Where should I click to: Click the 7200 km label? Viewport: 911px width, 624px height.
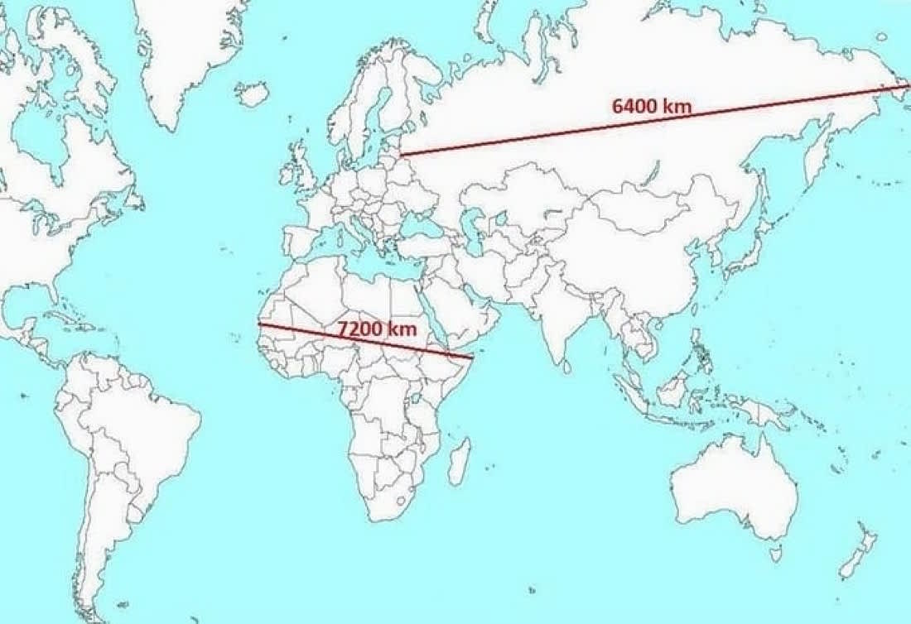click(x=376, y=329)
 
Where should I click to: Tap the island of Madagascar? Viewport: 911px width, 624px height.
click(x=459, y=460)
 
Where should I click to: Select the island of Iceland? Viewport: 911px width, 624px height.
click(x=252, y=93)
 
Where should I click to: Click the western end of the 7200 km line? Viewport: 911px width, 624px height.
click(x=259, y=324)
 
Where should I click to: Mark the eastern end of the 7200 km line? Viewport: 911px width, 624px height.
click(x=471, y=358)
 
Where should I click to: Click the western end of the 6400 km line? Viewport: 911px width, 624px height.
click(x=402, y=154)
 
